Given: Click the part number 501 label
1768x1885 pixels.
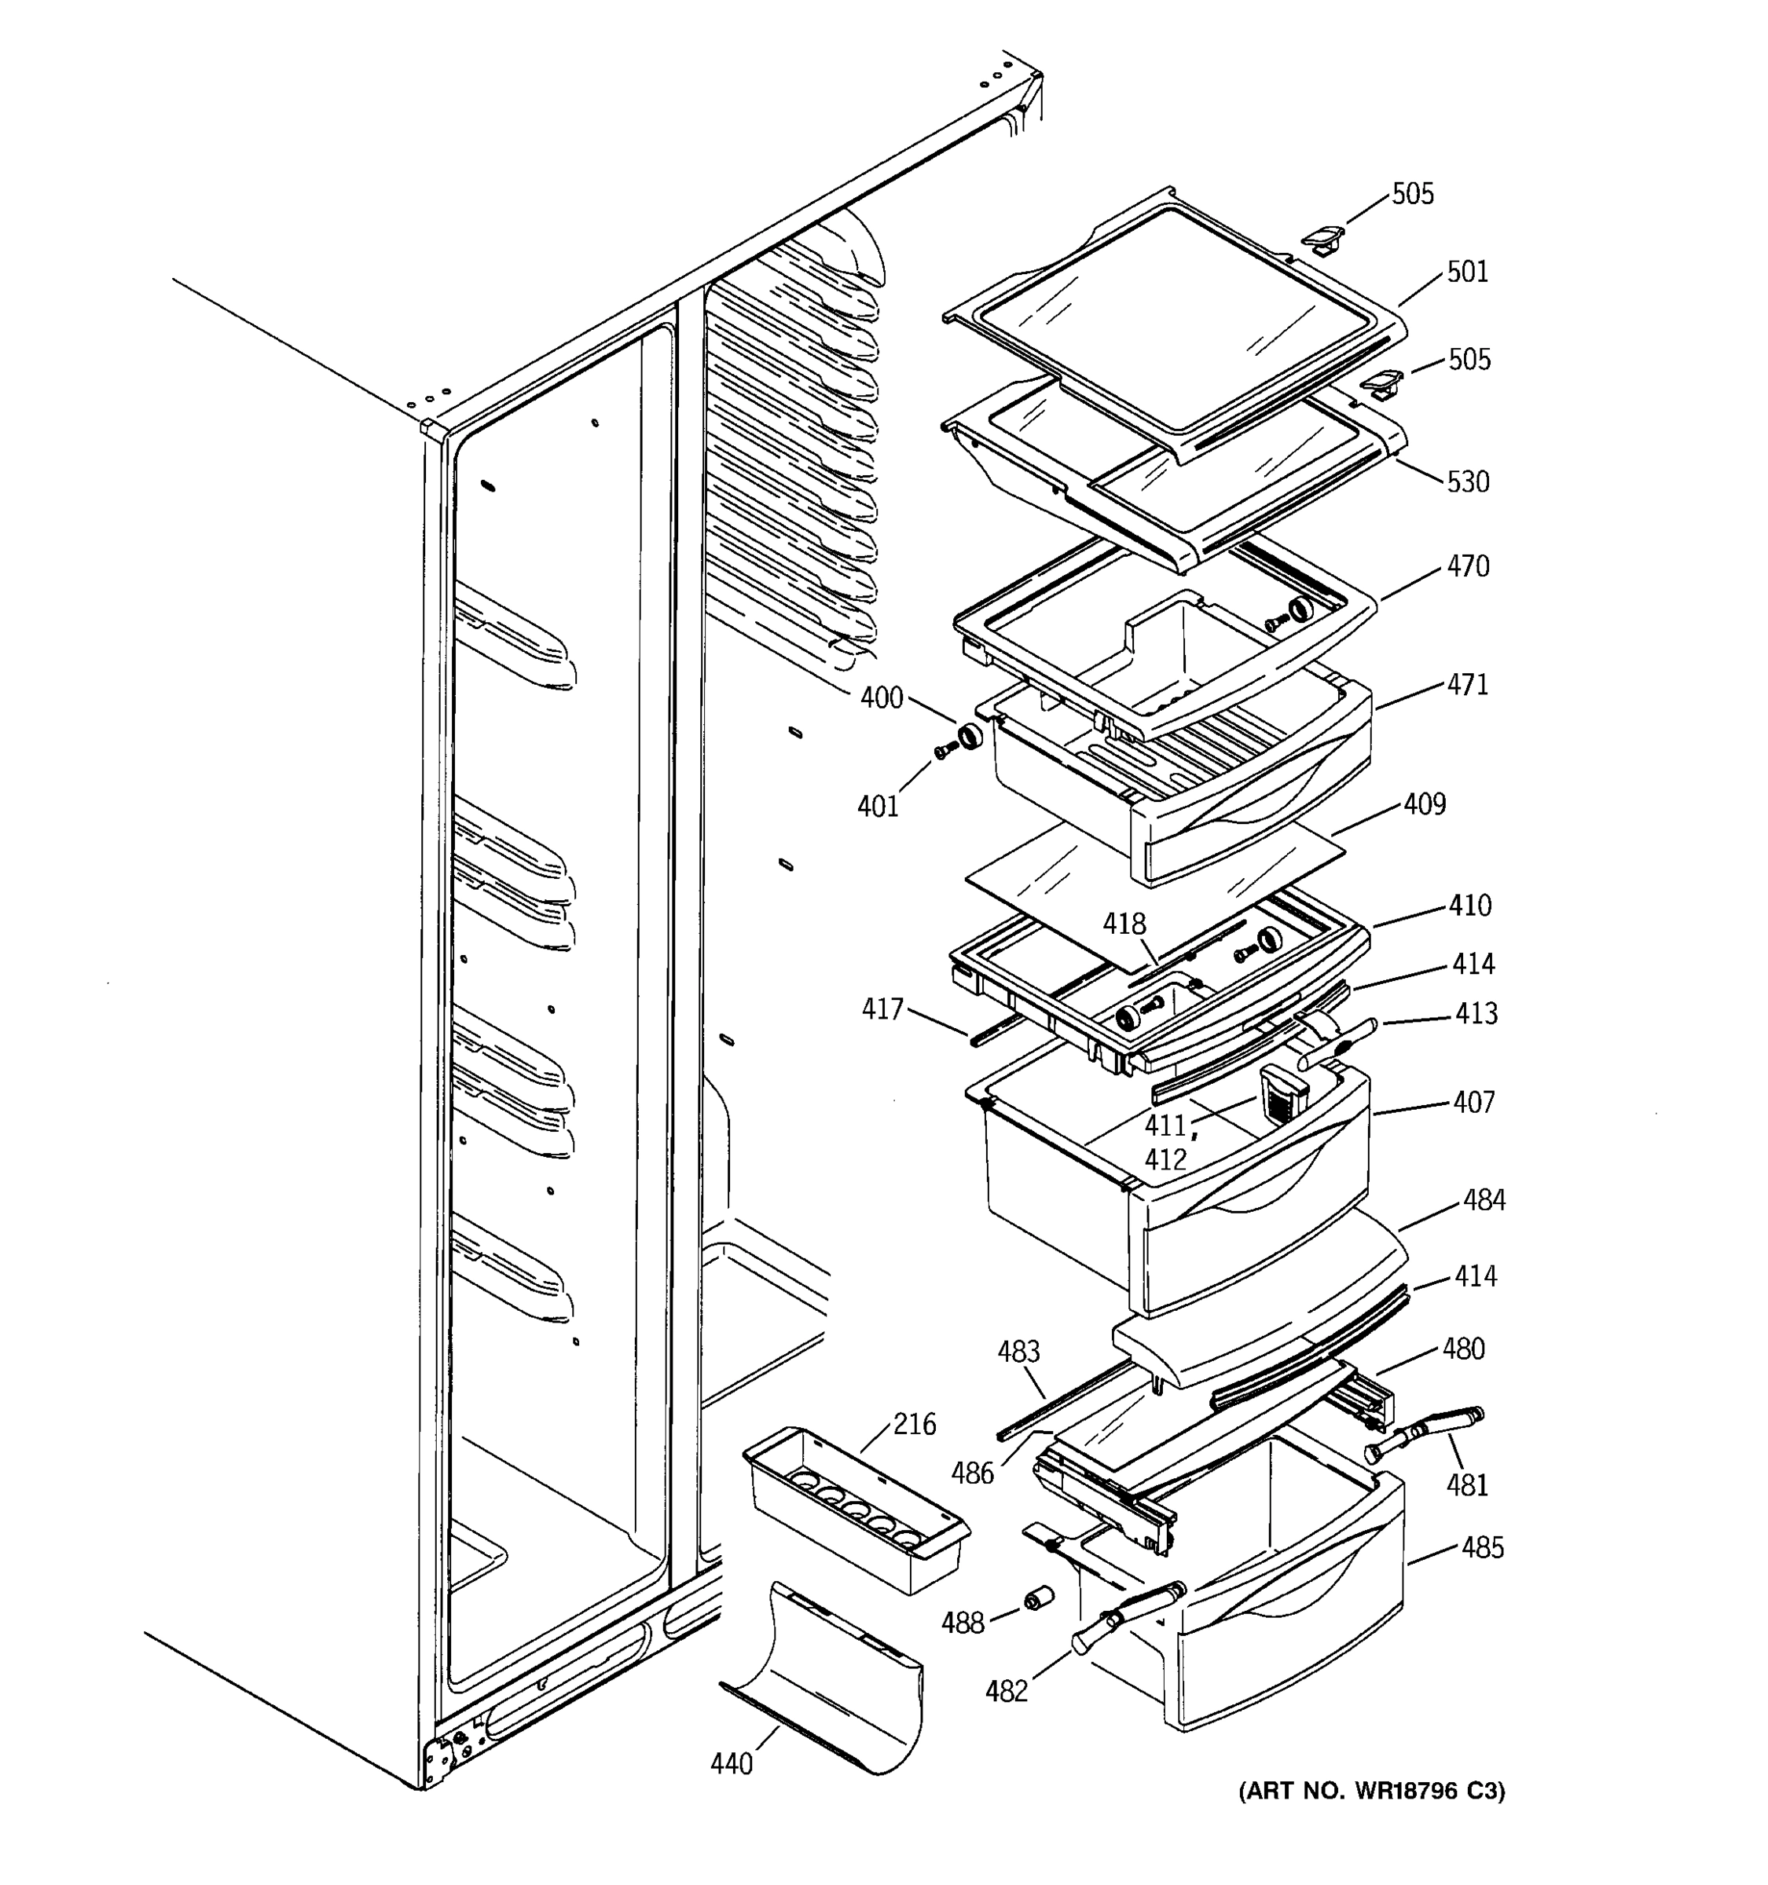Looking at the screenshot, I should coord(1466,272).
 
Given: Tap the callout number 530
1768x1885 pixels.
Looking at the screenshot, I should coord(1467,482).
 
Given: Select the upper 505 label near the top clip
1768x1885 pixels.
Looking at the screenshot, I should coord(1412,194).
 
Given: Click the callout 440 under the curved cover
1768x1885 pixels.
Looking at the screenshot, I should coord(732,1763).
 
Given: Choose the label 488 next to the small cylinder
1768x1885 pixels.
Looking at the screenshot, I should coord(962,1623).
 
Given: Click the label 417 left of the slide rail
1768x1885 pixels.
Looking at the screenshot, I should coord(882,1009).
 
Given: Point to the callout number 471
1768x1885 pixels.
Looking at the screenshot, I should coord(1467,685).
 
